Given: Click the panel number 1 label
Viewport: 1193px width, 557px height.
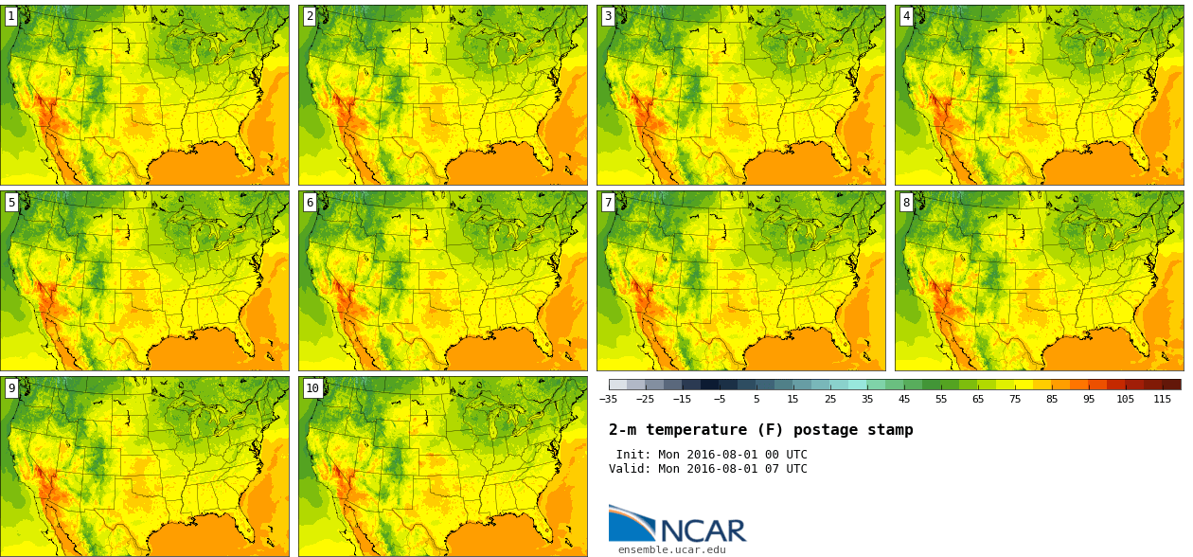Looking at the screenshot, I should click(x=11, y=16).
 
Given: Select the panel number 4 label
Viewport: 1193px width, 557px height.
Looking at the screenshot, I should click(x=906, y=16).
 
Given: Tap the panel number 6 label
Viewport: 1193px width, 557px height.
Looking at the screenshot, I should click(x=310, y=202).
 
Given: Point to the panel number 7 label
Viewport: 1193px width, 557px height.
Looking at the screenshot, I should click(x=608, y=202).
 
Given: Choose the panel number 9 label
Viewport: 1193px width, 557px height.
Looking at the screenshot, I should click(x=11, y=387).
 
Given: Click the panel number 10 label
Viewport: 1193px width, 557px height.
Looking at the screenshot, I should click(x=312, y=387).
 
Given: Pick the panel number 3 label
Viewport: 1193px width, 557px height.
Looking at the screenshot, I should click(x=608, y=16).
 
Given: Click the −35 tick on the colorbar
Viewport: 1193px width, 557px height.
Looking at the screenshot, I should click(x=608, y=399).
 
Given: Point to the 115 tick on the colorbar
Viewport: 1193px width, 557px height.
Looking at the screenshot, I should click(x=1163, y=399).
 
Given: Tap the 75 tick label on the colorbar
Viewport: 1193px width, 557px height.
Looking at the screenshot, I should click(x=1014, y=399).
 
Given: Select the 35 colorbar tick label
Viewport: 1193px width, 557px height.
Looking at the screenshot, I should click(x=867, y=399).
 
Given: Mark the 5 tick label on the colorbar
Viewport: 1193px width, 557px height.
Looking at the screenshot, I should click(x=757, y=399).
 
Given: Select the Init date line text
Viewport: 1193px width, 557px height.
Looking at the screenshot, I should click(x=711, y=455).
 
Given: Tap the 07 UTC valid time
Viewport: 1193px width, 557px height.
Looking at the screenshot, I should click(x=782, y=469).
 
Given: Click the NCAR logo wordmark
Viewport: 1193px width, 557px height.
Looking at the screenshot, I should click(x=703, y=530).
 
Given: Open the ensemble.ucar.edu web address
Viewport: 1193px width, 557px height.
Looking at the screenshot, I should click(x=672, y=549).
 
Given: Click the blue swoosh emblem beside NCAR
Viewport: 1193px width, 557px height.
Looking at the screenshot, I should click(x=632, y=523).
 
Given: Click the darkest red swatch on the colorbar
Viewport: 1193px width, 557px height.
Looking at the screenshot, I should click(x=1171, y=385).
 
